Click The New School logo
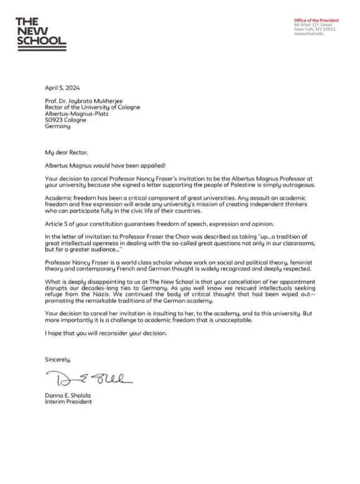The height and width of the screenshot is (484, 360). (41, 34)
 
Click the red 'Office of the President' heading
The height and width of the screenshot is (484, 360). (316, 21)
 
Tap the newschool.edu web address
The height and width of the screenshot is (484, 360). (308, 34)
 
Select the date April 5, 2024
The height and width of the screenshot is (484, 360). (62, 87)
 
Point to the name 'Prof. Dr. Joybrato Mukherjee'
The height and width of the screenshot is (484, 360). (85, 101)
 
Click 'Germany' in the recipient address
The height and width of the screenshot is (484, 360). (57, 126)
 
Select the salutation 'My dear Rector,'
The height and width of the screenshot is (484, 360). (66, 152)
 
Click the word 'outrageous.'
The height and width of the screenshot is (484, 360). (296, 185)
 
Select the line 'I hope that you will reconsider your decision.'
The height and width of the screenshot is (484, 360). (105, 333)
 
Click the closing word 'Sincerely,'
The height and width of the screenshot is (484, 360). (58, 360)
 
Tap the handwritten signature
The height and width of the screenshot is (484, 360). (89, 379)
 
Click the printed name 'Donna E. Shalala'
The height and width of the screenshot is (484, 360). (67, 395)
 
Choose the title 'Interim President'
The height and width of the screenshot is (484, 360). (68, 402)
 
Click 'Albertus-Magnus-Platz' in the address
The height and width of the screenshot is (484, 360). (76, 114)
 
